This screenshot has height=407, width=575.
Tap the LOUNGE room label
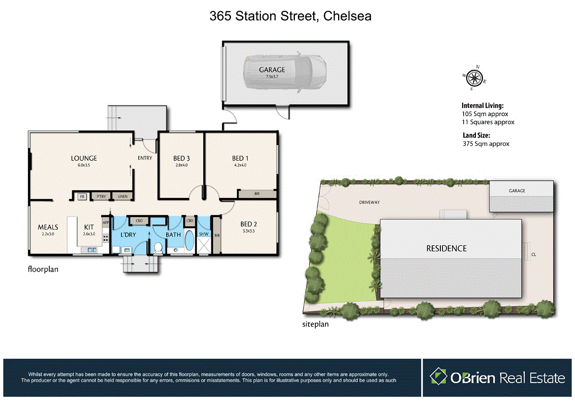(x=83, y=158)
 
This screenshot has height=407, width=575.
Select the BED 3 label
(x=181, y=158)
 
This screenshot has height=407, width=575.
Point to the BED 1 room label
(x=237, y=158)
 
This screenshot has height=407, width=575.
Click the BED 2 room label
(x=248, y=224)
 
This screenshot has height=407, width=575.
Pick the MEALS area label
(x=48, y=227)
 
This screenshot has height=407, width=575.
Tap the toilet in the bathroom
(x=158, y=247)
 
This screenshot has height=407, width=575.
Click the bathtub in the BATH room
(x=188, y=241)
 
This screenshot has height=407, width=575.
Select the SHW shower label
(x=203, y=234)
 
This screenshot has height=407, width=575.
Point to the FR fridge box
(x=81, y=196)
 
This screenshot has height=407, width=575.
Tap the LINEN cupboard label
(x=123, y=196)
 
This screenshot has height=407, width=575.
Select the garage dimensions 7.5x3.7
(x=272, y=76)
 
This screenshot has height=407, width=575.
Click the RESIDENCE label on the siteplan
(x=446, y=248)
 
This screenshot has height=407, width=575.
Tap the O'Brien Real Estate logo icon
(x=438, y=377)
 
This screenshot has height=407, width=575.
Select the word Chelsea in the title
(x=347, y=16)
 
